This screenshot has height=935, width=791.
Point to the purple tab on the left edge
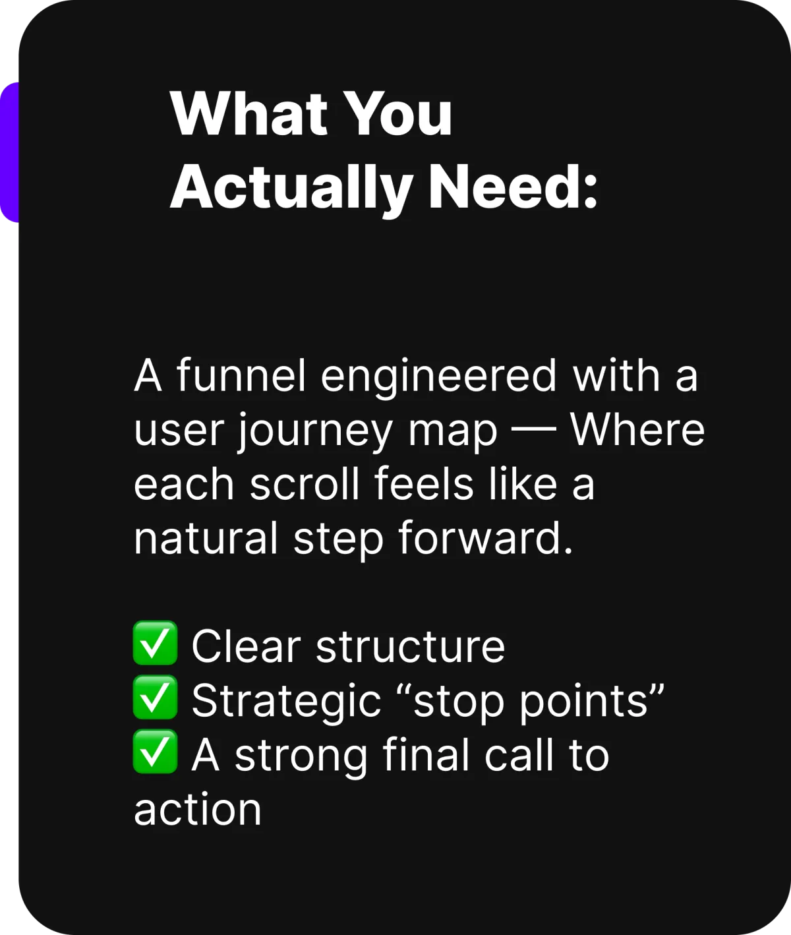click(x=9, y=152)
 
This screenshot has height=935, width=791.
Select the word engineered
click(x=439, y=378)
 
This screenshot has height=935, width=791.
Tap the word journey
click(x=315, y=433)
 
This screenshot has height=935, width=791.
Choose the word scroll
click(x=303, y=483)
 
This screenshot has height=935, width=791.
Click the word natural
click(x=206, y=537)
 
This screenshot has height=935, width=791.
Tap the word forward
click(x=486, y=537)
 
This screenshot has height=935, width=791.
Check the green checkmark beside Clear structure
click(x=155, y=643)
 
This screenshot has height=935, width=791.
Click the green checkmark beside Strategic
click(x=155, y=697)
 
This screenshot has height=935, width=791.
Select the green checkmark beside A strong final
click(x=155, y=751)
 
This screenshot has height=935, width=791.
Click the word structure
click(x=410, y=646)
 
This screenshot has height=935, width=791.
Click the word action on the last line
click(x=198, y=809)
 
